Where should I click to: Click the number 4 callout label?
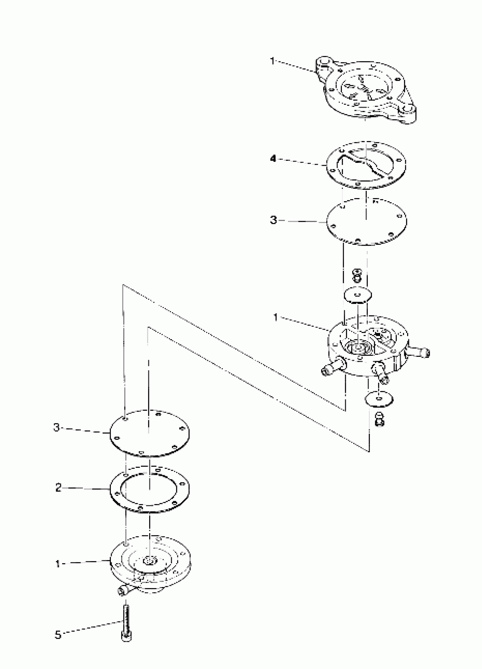(273, 159)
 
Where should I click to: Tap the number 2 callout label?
(58, 488)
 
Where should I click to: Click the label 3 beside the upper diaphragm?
(274, 220)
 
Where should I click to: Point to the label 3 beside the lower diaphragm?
(56, 427)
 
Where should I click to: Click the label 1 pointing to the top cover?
(272, 61)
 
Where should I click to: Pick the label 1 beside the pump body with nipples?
(275, 317)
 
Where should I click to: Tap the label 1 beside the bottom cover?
(58, 564)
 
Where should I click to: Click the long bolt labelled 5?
(126, 622)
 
